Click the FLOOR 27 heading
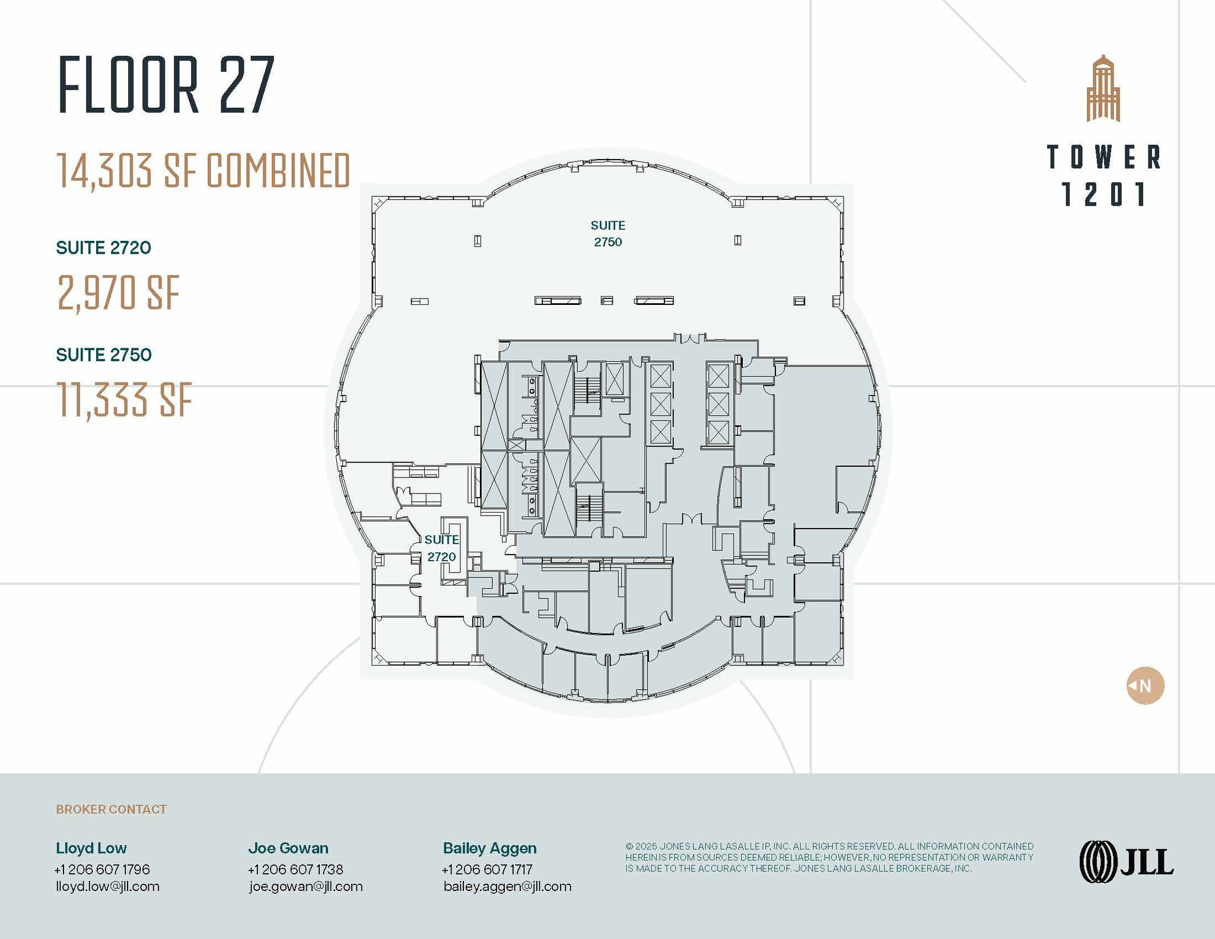tap(166, 84)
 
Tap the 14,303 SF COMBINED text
tap(203, 171)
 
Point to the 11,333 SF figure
tap(125, 400)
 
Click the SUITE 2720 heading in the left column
tap(103, 248)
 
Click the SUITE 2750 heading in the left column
tap(103, 355)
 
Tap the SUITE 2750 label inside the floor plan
tap(607, 234)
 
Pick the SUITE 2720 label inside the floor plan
tap(441, 548)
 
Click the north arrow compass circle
tap(1145, 686)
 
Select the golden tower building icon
tap(1103, 89)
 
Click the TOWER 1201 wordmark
tap(1103, 176)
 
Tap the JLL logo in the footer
tap(1126, 862)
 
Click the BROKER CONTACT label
tap(111, 809)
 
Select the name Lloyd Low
tap(91, 848)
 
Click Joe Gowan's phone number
tap(295, 869)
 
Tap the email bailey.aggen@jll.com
tap(507, 886)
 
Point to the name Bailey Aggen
tap(489, 848)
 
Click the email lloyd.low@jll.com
tap(107, 886)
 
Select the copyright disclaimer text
tap(829, 857)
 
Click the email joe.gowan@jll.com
tap(306, 886)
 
